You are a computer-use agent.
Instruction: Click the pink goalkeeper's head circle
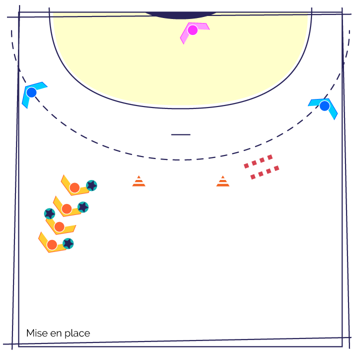192,30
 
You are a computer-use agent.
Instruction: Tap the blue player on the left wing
31,92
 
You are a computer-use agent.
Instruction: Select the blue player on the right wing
324,106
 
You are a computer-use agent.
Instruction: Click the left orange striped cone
138,181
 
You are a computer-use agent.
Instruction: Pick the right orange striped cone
222,181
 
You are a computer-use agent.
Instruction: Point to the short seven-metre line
180,134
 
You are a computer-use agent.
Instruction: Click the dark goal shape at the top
181,15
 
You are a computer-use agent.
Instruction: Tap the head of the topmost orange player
74,188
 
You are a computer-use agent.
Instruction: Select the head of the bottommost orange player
52,244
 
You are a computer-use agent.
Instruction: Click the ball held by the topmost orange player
91,185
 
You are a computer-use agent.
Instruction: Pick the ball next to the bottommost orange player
68,243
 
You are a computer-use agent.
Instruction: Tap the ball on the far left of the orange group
49,214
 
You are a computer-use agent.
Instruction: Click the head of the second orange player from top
66,209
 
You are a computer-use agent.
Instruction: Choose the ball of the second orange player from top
83,207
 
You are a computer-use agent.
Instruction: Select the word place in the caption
77,333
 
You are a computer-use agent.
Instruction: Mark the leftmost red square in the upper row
246,166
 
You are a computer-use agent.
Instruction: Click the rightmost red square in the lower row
276,168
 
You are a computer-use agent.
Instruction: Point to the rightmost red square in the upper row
270,157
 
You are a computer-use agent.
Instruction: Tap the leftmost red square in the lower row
253,177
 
